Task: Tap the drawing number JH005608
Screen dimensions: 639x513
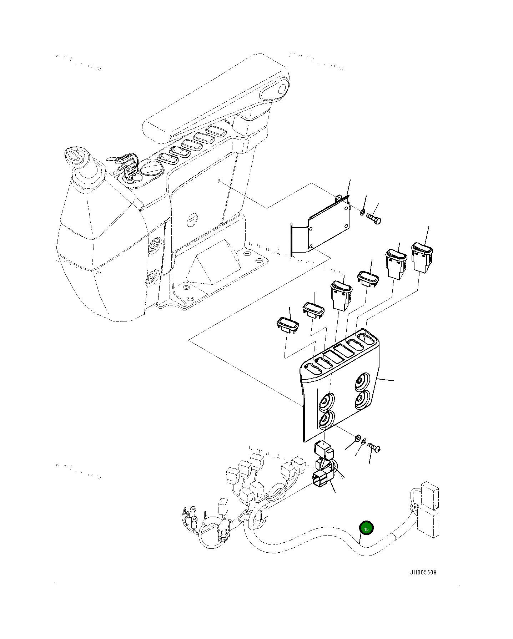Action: [423, 573]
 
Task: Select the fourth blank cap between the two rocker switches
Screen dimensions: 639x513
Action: [368, 278]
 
